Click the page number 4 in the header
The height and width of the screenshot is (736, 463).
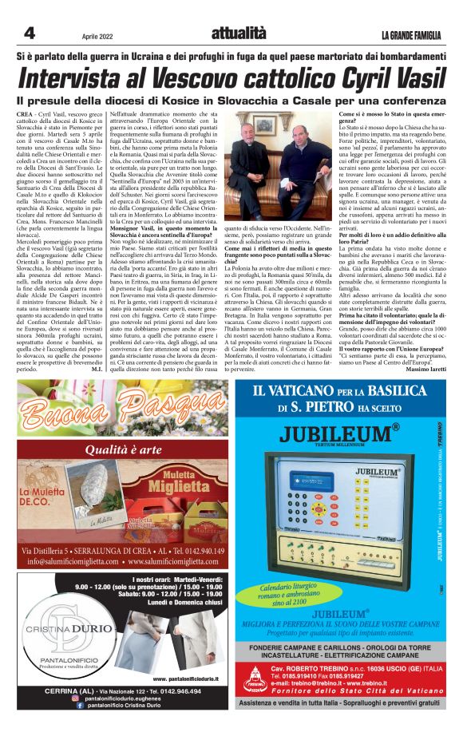[x=30, y=33]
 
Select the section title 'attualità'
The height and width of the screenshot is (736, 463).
[x=238, y=33]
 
